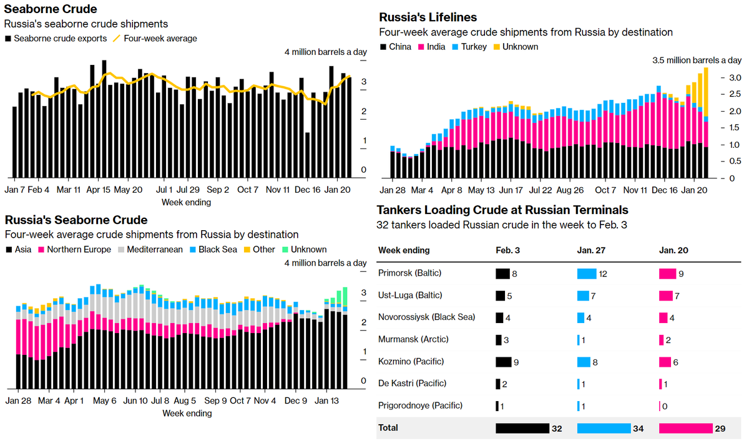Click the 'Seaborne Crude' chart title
tap(51, 9)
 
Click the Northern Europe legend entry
tap(73, 250)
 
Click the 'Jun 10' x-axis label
tap(135, 401)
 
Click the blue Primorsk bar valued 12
tap(587, 273)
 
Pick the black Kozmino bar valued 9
tap(503, 361)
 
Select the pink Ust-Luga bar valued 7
tap(666, 295)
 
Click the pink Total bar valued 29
tap(685, 428)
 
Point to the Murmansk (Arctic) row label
tap(413, 339)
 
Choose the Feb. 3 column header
tap(508, 251)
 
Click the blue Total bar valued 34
tap(604, 428)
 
